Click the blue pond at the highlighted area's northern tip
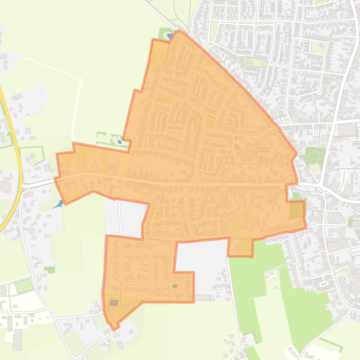click(x=169, y=35)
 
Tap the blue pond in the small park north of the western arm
click(x=120, y=141)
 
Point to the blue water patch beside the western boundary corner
click(x=59, y=204)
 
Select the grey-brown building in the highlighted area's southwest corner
click(x=114, y=303)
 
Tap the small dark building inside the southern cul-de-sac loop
click(x=175, y=286)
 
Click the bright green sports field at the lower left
click(x=23, y=285)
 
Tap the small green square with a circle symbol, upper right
click(x=318, y=47)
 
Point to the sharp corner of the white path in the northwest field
click(x=82, y=80)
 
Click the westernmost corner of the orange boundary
click(x=55, y=179)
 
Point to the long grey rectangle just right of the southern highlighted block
click(x=204, y=298)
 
